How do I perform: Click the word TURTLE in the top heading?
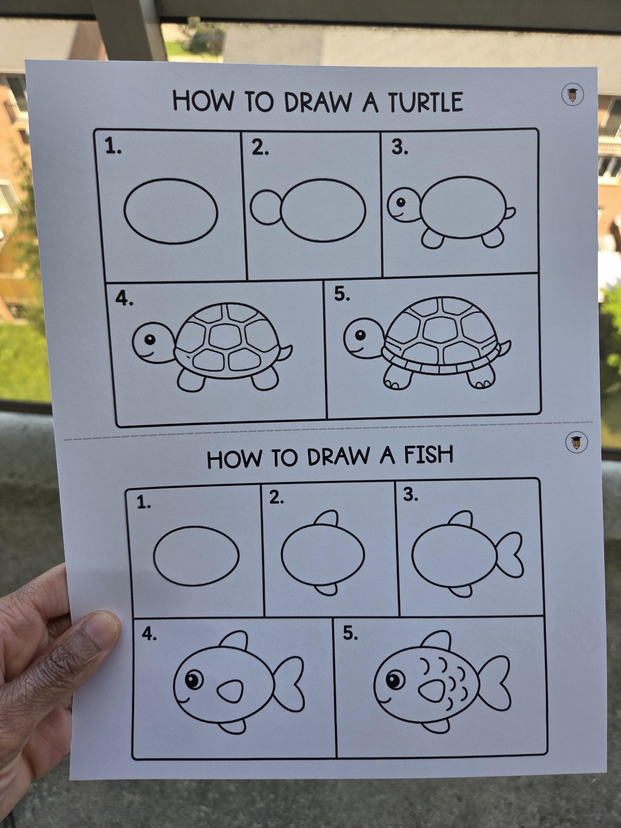pos(425,102)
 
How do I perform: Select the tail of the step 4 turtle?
pos(286,353)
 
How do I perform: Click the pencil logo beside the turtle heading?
pos(573,95)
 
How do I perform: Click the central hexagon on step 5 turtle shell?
pos(440,331)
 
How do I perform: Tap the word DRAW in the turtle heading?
pos(318,102)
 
